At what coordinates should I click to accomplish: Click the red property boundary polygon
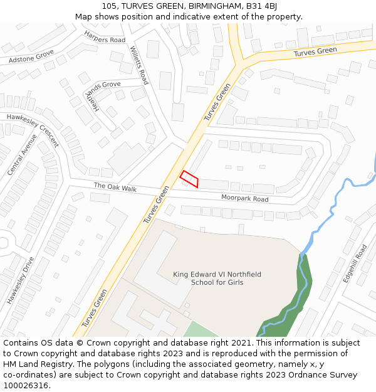189,179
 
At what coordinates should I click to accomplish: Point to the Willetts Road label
139,65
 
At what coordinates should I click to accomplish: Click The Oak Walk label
115,187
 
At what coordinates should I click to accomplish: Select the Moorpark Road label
244,198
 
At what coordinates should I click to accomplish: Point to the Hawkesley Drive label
21,280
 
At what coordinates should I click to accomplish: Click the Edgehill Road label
354,263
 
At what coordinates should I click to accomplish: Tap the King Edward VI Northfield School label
217,278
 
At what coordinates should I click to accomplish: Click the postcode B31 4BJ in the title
264,6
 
